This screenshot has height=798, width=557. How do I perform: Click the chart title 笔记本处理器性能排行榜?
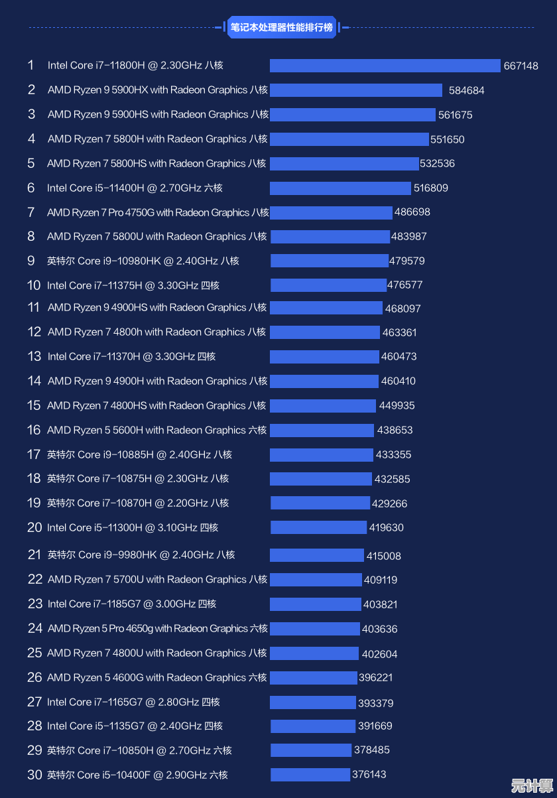281,27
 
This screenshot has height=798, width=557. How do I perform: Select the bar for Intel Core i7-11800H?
385,66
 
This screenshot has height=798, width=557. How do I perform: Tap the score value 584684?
466,90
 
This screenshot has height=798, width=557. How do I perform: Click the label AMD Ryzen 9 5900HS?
158,115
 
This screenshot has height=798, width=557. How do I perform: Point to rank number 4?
31,139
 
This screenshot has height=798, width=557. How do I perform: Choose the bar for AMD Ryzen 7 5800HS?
344,164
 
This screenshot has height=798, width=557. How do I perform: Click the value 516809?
430,188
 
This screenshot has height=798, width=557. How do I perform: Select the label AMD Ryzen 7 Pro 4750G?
158,212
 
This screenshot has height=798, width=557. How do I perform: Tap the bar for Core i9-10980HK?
329,261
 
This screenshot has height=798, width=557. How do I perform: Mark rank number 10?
34,285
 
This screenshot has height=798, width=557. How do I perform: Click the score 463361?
399,332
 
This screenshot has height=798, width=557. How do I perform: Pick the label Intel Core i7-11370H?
131,356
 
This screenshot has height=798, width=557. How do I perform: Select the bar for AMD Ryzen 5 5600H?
322,430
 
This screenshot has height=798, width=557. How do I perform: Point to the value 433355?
393,454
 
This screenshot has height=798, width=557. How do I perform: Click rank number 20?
34,527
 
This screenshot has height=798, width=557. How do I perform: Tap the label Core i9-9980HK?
141,555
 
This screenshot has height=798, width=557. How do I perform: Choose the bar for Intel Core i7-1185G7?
315,604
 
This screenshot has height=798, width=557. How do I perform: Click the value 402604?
379,654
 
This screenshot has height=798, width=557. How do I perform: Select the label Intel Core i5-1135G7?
135,726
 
